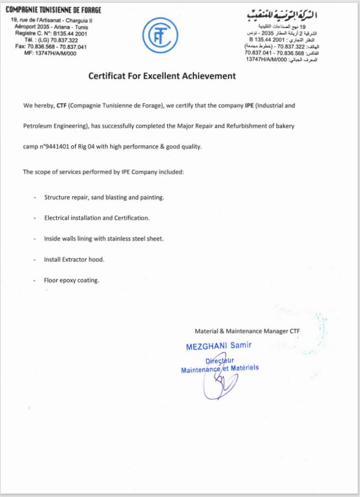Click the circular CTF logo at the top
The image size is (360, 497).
pos(159,36)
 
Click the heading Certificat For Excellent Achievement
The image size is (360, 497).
pos(162,76)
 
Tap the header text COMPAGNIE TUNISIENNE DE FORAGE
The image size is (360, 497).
pos(53,10)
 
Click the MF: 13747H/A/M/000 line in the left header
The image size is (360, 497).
pos(50,53)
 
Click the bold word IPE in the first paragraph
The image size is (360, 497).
pos(249,106)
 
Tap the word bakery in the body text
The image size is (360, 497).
pos(286,126)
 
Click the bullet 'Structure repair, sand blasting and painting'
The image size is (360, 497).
pos(104,197)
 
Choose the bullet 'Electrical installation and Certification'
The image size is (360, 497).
pos(96,218)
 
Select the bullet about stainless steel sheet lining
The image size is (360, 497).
pos(107,239)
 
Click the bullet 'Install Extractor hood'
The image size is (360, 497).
pos(74,259)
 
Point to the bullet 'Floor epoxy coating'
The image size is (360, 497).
pos(72,280)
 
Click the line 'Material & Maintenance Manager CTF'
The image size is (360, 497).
pos(247,331)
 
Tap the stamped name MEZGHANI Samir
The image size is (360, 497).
pos(218,346)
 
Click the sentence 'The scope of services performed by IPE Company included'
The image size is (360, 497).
pos(103,172)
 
